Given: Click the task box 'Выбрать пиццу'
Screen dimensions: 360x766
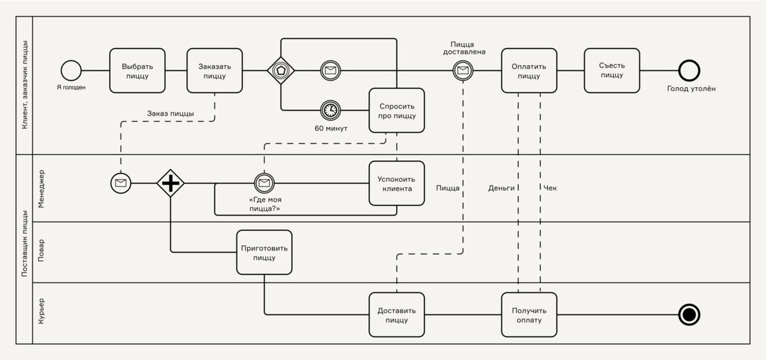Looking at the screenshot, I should tap(137, 70).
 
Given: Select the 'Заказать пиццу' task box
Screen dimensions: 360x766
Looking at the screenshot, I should tap(214, 70).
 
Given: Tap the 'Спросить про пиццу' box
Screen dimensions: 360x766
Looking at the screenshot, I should tap(396, 110).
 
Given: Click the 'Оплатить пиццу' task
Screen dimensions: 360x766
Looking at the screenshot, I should tap(529, 70).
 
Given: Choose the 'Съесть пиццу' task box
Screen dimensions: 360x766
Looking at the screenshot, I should tap(612, 70).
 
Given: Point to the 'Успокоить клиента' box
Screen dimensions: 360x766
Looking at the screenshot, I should tap(396, 183).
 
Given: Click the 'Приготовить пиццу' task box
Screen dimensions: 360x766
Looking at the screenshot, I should tap(264, 252).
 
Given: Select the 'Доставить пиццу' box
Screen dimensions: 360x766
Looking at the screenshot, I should tap(396, 315).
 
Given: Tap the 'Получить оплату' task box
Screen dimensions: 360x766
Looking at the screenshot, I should tap(529, 315).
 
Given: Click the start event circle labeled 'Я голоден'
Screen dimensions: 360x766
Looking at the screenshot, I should tap(71, 70).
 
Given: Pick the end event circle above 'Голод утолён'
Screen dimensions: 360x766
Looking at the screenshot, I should tap(689, 70).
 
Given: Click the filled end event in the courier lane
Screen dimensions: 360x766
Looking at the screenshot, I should tap(689, 315).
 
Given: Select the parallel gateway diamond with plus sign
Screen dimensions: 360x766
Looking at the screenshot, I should tap(170, 184).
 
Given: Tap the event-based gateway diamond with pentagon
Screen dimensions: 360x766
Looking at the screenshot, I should tap(280, 70).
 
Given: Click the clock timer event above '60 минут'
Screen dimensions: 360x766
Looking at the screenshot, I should tap(331, 110).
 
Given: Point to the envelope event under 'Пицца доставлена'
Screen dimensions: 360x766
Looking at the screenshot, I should tap(463, 70).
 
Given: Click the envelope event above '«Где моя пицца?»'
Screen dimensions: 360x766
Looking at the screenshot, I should tap(264, 184).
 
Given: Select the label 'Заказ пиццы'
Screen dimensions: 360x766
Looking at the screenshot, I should tap(170, 114).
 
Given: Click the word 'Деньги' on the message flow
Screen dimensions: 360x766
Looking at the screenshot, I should tap(501, 188).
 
